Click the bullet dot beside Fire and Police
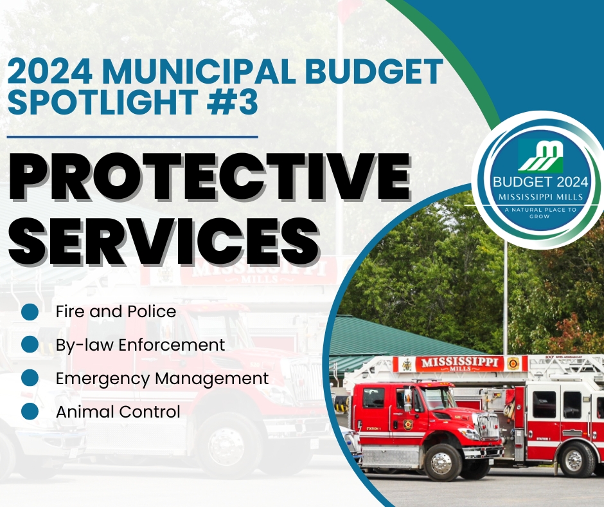[x=30, y=311]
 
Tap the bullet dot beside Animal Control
[x=30, y=411]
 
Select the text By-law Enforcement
[x=140, y=345]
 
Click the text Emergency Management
[x=162, y=378]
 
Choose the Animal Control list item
[x=118, y=411]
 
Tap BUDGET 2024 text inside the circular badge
[x=540, y=181]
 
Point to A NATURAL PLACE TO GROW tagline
[x=540, y=213]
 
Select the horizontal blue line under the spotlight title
[x=132, y=136]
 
